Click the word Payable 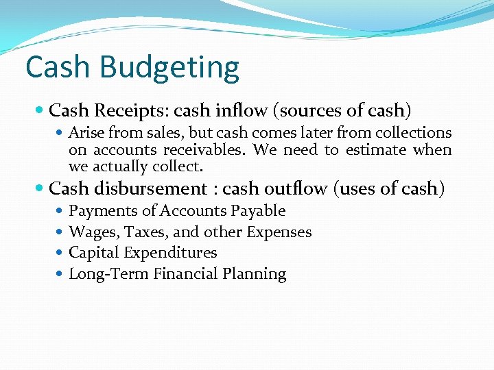point(258,211)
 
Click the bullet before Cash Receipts point(40,110)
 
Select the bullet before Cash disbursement point(40,188)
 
